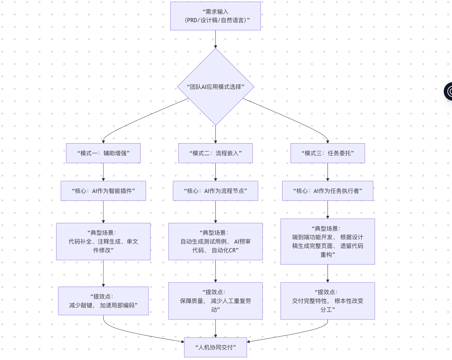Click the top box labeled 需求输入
215,16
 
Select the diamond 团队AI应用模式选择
215,87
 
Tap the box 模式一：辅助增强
103,153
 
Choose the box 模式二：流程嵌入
215,153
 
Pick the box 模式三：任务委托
328,153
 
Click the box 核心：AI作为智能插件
103,191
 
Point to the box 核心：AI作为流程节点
215,191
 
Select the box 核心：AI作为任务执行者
328,191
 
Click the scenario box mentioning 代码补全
103,241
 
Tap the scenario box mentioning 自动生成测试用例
215,241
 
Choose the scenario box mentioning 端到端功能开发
328,241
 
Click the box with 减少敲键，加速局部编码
103,301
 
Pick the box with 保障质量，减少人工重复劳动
215,301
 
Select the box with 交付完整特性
328,301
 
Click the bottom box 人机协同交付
215,347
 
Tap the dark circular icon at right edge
449,91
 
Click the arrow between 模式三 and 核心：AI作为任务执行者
328,172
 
